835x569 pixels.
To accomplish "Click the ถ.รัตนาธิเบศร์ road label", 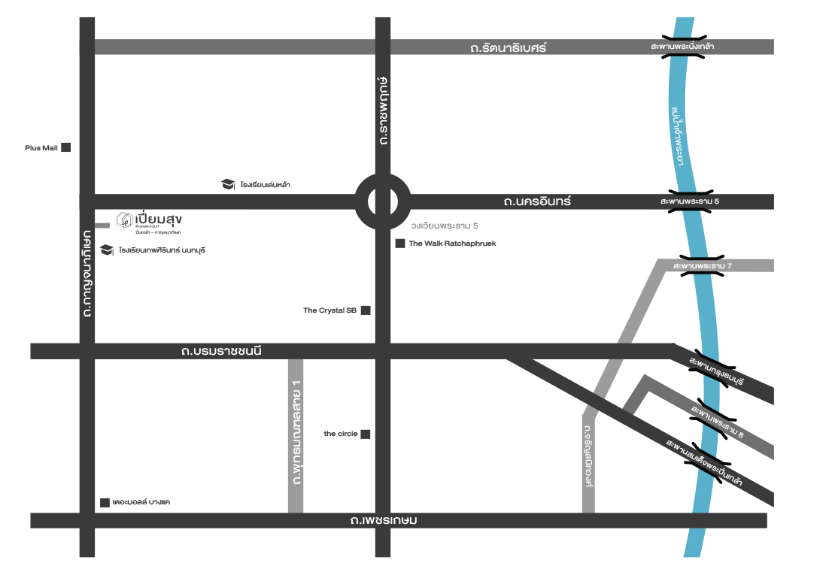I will point(508,47).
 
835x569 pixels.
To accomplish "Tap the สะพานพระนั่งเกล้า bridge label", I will point(683,47).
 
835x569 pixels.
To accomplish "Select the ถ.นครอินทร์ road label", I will point(537,201).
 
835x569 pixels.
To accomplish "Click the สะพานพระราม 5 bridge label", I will point(690,201).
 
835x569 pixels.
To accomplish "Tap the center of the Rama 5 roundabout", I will point(382,202).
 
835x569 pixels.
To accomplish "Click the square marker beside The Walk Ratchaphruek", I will point(400,244).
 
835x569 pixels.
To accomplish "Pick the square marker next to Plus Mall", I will point(66,148).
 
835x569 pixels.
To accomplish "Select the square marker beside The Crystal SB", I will point(366,310).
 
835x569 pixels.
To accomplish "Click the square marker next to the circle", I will point(366,434).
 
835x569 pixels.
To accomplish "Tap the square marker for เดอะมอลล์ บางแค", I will point(105,502).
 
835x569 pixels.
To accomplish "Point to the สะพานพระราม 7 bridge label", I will point(703,266).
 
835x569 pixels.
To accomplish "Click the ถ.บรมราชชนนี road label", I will point(221,350).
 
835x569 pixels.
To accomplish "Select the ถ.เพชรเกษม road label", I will point(384,520).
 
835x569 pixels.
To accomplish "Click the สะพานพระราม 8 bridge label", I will point(716,422).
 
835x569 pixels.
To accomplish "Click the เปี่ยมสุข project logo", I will point(149,220).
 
